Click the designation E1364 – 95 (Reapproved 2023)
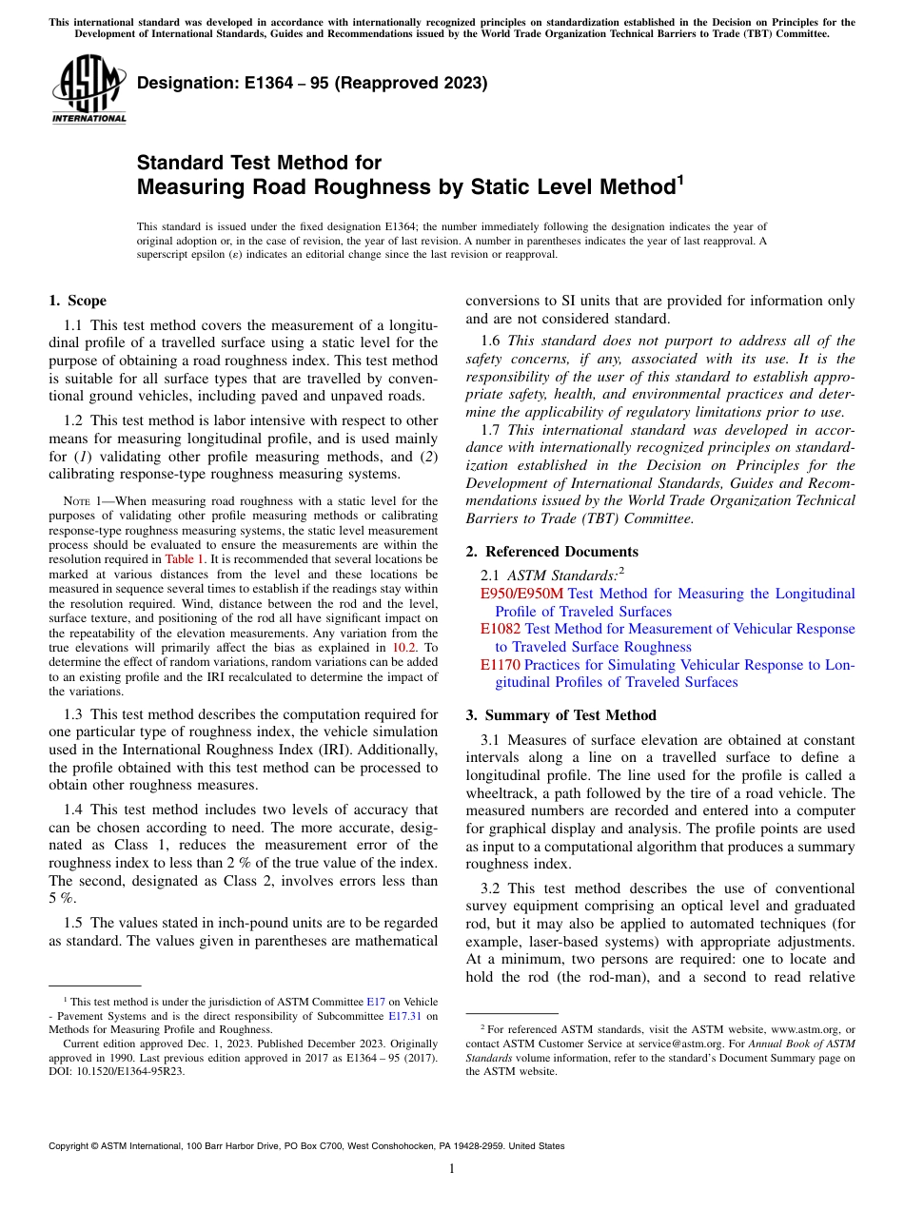312,83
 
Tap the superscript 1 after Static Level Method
679,178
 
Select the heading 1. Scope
78,301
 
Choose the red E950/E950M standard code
522,594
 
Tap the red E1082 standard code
500,629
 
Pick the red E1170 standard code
500,664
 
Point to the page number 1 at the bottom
452,1169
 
